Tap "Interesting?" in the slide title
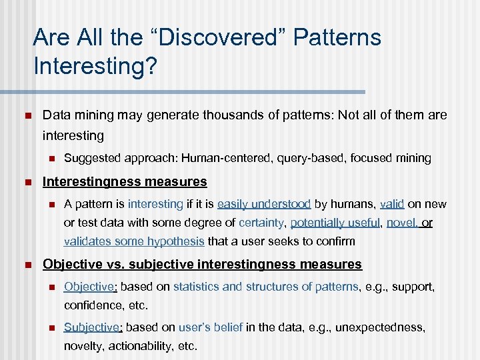tap(94, 67)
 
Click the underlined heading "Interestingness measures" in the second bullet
tap(125, 181)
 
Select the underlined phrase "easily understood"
tap(264, 204)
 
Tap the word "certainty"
tap(257, 223)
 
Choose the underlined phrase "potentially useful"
tap(335, 223)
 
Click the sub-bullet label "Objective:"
tap(90, 287)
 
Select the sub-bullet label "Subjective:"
tap(93, 327)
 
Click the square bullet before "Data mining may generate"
tap(27, 115)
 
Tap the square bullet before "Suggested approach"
tap(49, 159)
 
